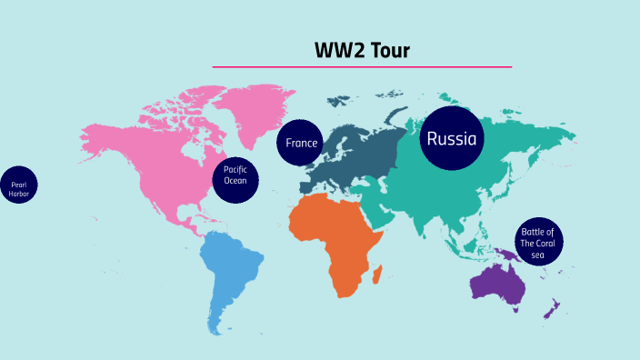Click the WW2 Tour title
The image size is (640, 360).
(362, 50)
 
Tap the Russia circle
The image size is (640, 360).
(452, 139)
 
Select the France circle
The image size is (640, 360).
(301, 144)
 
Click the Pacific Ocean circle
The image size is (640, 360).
(235, 175)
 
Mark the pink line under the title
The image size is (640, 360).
(362, 67)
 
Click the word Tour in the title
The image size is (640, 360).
(388, 50)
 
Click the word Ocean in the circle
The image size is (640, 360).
(235, 180)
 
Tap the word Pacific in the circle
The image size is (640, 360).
(235, 169)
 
